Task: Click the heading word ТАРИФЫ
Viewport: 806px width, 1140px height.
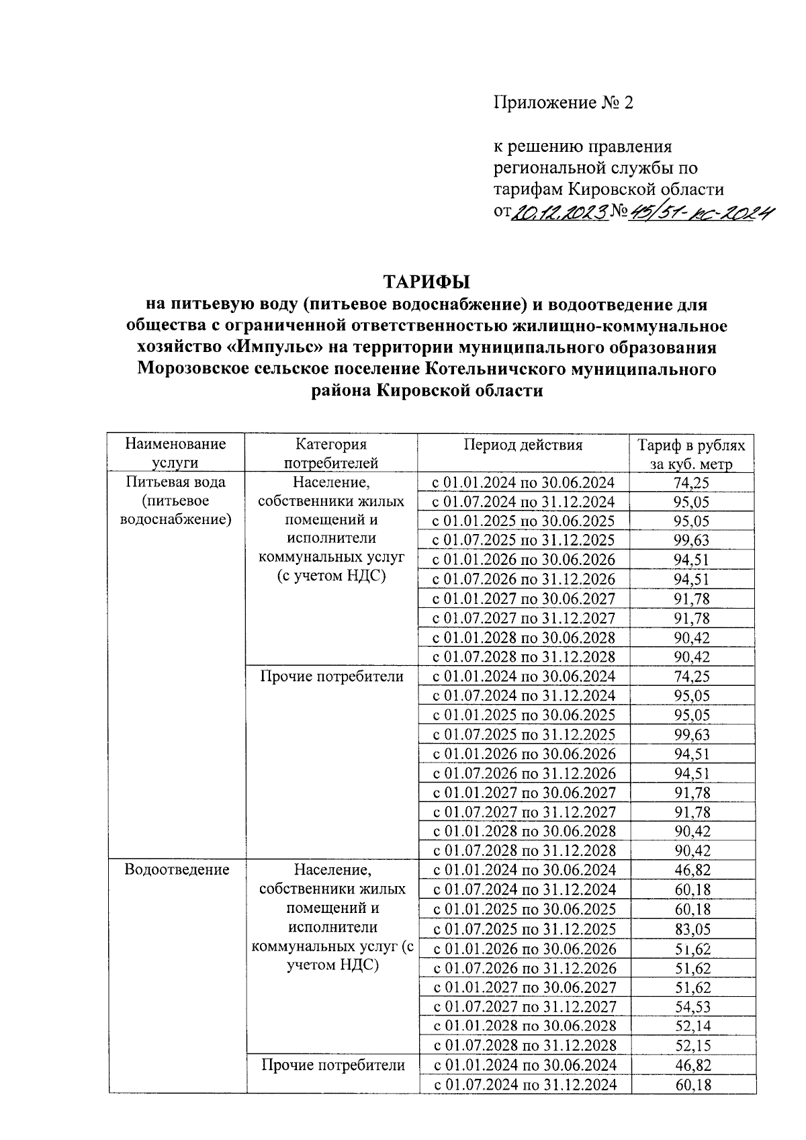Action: pyautogui.click(x=426, y=281)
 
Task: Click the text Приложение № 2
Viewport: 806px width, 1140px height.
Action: pyautogui.click(x=564, y=103)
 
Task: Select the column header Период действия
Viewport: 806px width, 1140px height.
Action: pyautogui.click(x=523, y=445)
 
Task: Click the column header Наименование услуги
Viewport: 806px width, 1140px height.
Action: pyautogui.click(x=175, y=453)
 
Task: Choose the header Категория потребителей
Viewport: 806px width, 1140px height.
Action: pyautogui.click(x=330, y=453)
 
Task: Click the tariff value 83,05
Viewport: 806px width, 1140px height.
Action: pyautogui.click(x=692, y=929)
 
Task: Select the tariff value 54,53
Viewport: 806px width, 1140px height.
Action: pyautogui.click(x=692, y=1006)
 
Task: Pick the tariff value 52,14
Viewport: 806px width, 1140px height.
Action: pyautogui.click(x=692, y=1026)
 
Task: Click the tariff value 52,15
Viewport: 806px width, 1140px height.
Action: pyautogui.click(x=692, y=1045)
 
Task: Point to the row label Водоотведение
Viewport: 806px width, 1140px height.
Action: pyautogui.click(x=177, y=869)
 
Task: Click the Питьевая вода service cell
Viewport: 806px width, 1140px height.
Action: pyautogui.click(x=175, y=500)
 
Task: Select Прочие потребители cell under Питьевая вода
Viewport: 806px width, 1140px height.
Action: pyautogui.click(x=331, y=676)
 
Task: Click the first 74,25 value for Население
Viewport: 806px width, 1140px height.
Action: pyautogui.click(x=692, y=482)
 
